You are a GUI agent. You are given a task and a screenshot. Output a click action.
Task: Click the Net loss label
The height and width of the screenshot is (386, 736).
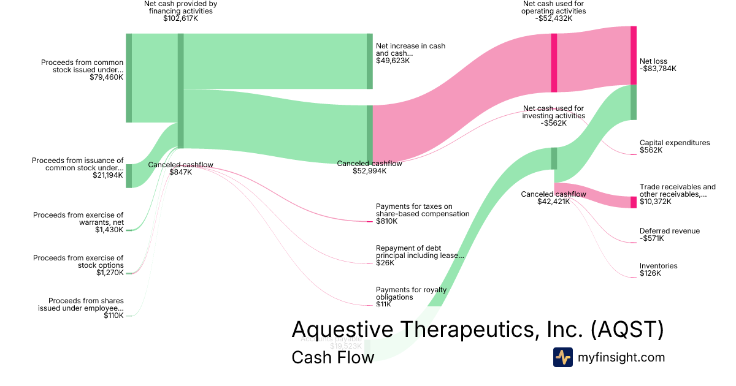653,61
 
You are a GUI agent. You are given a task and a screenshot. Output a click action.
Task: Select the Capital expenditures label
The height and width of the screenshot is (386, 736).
674,143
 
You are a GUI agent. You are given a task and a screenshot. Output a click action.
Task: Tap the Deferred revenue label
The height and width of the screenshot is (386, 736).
669,231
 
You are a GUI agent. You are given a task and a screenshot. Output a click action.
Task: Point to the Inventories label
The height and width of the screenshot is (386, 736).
658,266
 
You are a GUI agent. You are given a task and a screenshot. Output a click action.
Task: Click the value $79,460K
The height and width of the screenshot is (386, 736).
106,78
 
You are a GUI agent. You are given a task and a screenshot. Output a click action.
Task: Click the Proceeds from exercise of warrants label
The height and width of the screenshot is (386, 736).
78,219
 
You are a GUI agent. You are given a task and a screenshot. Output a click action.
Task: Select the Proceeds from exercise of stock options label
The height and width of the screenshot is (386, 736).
78,262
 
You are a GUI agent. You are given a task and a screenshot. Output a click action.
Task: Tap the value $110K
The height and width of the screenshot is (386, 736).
113,316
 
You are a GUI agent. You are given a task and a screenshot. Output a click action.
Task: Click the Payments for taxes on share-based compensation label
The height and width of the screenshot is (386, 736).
422,210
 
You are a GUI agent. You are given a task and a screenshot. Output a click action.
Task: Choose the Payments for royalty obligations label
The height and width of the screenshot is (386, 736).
411,293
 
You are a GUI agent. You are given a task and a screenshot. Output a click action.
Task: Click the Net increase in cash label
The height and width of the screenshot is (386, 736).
410,50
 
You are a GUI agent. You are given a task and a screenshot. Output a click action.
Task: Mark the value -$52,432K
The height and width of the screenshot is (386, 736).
553,18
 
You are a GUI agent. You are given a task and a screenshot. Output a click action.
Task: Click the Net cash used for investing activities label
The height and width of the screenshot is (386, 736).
553,112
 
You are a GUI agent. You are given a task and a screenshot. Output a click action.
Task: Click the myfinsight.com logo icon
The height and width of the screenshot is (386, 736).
562,357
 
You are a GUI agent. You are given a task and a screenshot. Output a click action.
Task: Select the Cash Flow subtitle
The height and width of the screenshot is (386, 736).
332,357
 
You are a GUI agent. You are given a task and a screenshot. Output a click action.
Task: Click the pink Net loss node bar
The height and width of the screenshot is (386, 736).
634,55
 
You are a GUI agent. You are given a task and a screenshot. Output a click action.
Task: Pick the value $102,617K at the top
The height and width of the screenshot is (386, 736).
180,18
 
